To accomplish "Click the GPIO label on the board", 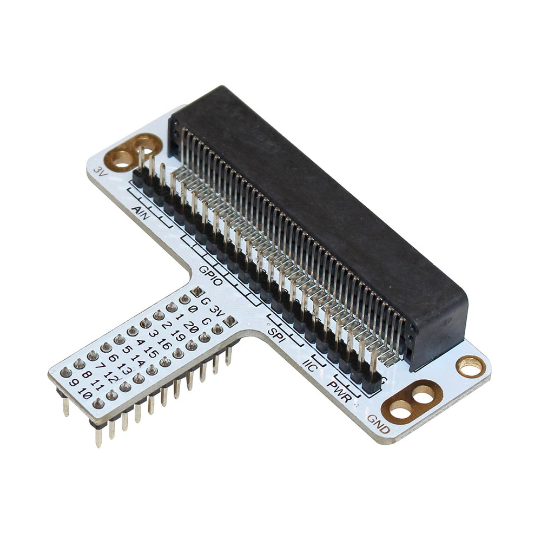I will [210, 275].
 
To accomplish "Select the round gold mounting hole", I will [470, 366].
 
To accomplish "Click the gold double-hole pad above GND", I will [412, 401].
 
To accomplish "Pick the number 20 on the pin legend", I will [190, 327].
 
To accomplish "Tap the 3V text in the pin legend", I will [216, 312].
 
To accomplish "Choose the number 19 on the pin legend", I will [177, 335].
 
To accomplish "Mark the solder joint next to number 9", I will [67, 372].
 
